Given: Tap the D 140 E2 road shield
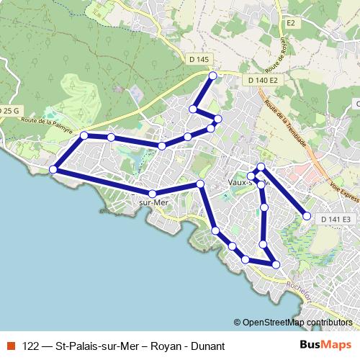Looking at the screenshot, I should tap(262, 81).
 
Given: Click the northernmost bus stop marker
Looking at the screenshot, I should tap(212, 76).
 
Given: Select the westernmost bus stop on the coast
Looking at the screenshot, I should tap(53, 170).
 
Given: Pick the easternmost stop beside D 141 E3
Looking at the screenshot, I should tap(307, 216).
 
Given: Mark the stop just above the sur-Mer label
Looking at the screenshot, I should tap(152, 194).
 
